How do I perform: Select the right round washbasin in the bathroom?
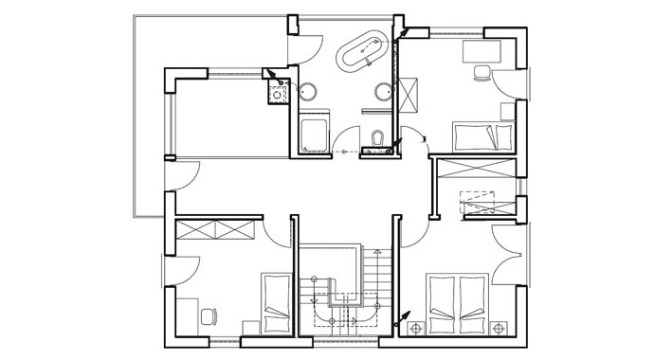tap(382, 91)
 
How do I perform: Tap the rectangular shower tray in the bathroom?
tap(314, 135)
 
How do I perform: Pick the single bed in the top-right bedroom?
tap(482, 136)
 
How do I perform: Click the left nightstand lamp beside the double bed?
tap(414, 328)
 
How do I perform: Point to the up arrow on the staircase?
tap(376, 254)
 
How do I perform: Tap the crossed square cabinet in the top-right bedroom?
tap(414, 95)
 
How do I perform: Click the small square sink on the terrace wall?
tap(278, 93)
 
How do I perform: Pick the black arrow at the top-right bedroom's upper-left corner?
tap(405, 31)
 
